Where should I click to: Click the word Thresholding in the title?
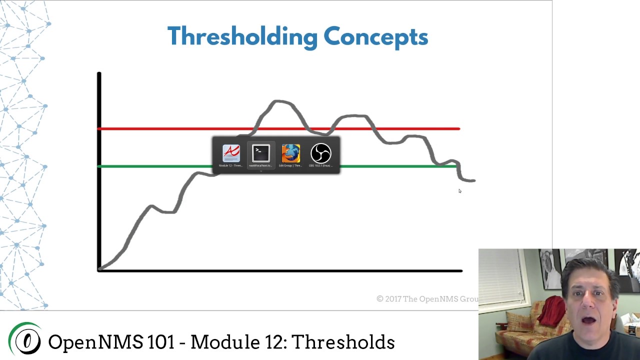coord(242,37)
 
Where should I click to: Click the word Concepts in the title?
coord(375,37)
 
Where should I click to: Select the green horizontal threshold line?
coord(150,166)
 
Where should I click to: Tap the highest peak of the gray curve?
coord(278,101)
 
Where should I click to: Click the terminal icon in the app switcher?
coord(261,154)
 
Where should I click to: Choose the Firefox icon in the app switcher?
coord(290,154)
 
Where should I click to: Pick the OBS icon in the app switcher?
coord(320,154)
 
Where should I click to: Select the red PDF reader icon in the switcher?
coord(231,154)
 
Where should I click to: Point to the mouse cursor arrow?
coord(459,190)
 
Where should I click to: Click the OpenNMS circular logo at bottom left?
coord(26,340)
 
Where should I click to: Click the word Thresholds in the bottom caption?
coord(343,342)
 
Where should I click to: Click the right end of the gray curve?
coord(473,180)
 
